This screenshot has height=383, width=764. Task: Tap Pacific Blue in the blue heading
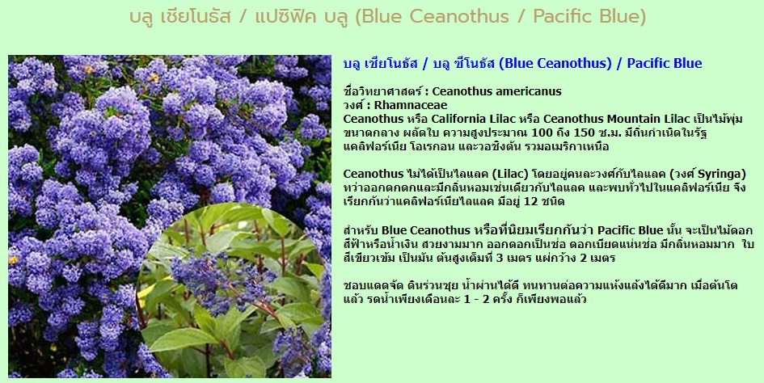pyautogui.click(x=664, y=63)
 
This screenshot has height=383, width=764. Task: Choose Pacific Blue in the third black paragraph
pyautogui.click(x=630, y=230)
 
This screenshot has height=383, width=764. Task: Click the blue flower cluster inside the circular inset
pyautogui.click(x=220, y=280)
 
